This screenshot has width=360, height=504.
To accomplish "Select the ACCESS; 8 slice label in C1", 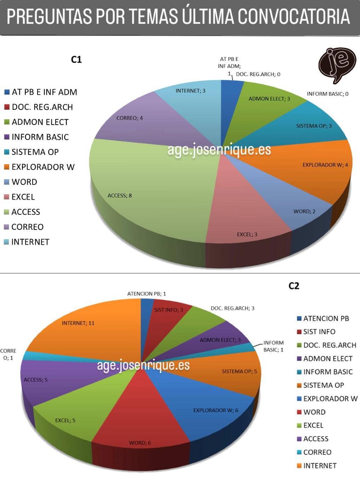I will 120,195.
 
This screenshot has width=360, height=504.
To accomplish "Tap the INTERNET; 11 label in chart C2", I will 78,323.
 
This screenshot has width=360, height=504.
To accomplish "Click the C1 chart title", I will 76,59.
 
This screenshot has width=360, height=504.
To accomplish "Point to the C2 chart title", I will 294,286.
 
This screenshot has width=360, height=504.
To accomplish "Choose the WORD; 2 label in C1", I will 304,211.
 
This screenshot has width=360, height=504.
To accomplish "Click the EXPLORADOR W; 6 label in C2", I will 216,410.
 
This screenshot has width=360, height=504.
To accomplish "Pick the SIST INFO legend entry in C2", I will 319,332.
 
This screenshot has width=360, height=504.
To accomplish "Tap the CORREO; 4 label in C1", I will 130,118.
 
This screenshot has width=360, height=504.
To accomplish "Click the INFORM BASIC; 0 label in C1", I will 327,94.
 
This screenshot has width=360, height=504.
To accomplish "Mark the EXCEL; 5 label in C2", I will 65,420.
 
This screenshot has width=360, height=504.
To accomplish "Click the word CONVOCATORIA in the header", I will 294,17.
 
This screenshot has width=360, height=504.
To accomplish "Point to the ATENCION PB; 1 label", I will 147,293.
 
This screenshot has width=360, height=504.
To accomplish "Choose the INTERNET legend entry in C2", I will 319,465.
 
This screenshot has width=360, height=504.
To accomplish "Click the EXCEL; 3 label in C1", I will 247,234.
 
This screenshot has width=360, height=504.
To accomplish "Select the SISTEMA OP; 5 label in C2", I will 239,371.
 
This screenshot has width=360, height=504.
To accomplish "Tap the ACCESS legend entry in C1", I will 25,212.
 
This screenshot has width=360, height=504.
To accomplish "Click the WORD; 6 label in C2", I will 140,443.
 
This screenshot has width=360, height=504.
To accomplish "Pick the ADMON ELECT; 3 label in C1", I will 269,98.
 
